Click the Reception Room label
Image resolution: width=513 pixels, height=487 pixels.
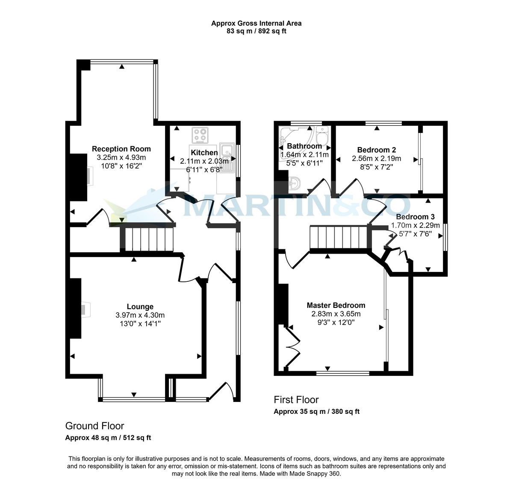[x=121, y=149]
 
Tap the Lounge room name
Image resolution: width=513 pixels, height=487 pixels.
[x=140, y=307]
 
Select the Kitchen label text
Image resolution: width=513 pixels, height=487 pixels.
[x=204, y=153]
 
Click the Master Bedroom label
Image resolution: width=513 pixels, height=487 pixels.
[x=336, y=305]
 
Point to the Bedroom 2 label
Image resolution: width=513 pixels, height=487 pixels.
[x=376, y=150]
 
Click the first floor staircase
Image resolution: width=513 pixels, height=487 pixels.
[x=339, y=239]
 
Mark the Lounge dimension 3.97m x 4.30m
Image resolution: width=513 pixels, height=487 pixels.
[x=140, y=315]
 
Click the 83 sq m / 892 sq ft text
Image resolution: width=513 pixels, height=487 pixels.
[x=256, y=31]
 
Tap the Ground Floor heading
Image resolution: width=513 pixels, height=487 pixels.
[x=94, y=426]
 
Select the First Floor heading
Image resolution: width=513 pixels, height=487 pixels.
[x=296, y=400]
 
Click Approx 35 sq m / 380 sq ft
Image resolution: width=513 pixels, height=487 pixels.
[x=316, y=412]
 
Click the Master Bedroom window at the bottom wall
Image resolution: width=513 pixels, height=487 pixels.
[x=343, y=373]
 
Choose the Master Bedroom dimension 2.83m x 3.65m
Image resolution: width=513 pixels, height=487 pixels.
[x=336, y=314]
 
